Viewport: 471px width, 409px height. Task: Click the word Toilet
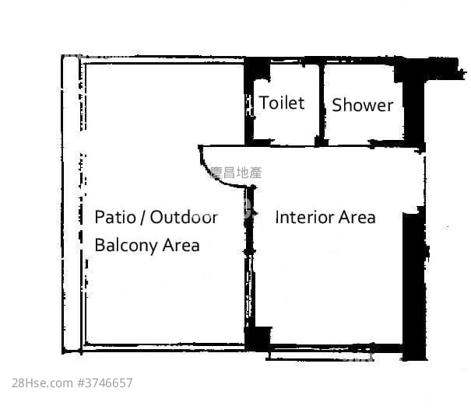point(281,103)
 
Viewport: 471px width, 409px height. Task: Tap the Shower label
point(362,105)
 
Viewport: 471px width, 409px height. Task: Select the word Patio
point(118,216)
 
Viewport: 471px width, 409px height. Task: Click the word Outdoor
point(184,216)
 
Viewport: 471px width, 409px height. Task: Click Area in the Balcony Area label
point(181,246)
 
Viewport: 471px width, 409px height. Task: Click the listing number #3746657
point(105,383)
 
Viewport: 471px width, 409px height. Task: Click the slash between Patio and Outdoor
point(144,217)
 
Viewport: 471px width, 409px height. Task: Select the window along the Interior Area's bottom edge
point(335,354)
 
